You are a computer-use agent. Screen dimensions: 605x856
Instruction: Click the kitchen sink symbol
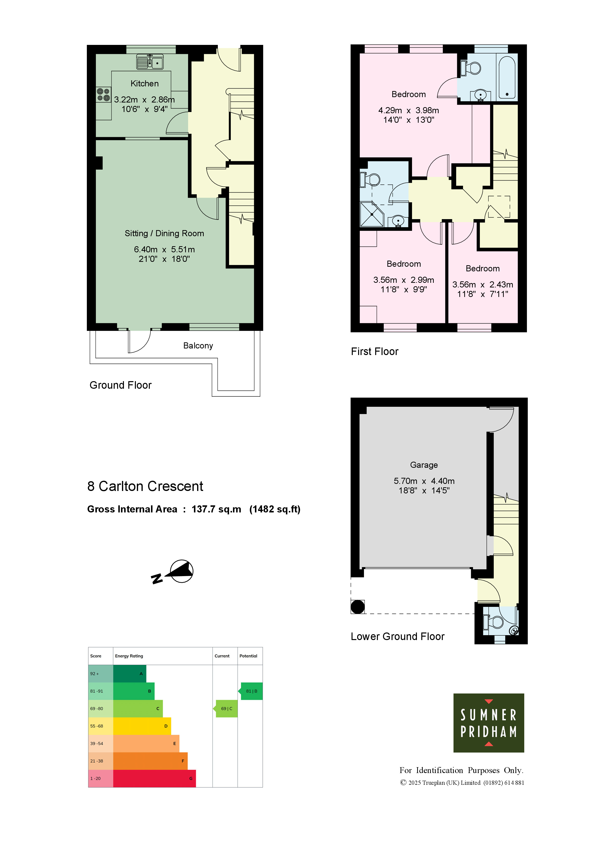point(150,62)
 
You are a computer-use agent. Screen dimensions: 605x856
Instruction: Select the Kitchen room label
point(145,83)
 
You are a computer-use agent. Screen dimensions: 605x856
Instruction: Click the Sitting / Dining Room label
point(164,233)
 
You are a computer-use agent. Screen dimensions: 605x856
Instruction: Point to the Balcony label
point(198,346)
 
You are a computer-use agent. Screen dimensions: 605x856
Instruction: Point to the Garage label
point(424,465)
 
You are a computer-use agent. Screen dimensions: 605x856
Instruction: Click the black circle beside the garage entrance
point(358,607)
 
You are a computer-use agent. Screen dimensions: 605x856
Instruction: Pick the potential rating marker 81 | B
point(251,691)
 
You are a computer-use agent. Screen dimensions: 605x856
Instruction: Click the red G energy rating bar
point(154,778)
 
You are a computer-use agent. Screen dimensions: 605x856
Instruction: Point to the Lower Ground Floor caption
point(398,636)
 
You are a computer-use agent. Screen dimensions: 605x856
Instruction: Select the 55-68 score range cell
point(101,726)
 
